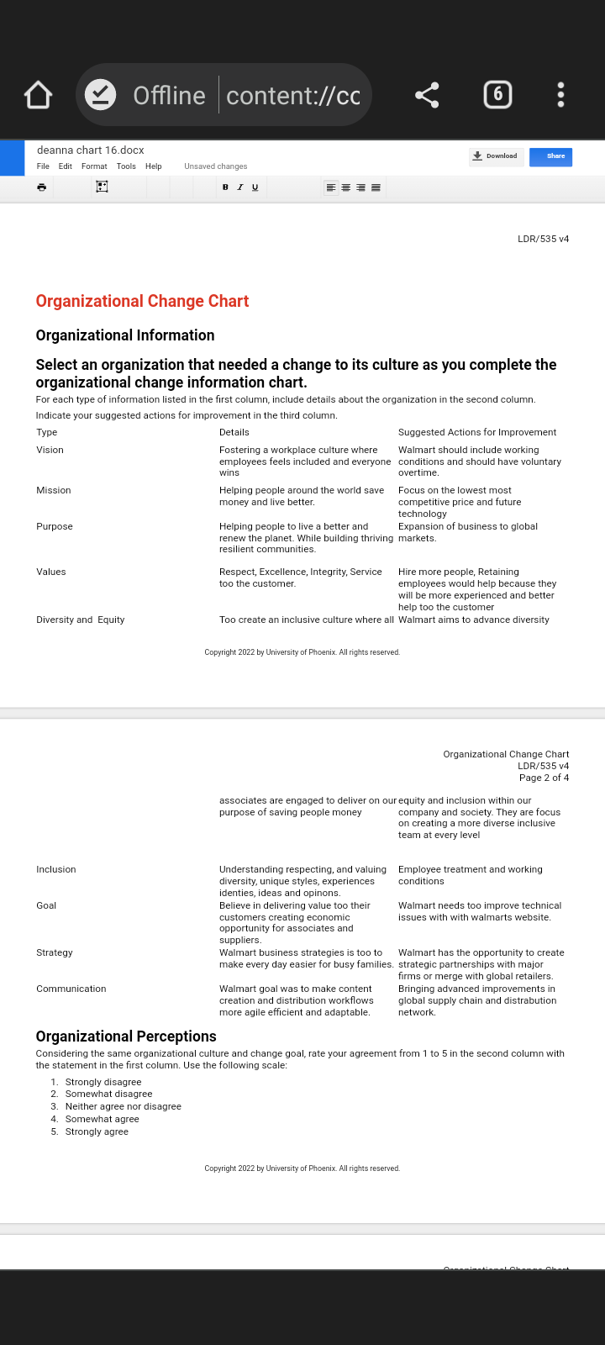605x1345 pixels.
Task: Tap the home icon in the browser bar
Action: (x=39, y=95)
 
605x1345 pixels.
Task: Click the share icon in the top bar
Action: (x=427, y=95)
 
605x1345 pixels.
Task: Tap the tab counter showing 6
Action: (x=497, y=94)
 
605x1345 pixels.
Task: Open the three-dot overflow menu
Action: (x=560, y=95)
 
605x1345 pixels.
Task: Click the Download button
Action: (x=496, y=156)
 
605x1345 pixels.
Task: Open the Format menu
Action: (x=94, y=166)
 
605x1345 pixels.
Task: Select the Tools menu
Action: (x=126, y=166)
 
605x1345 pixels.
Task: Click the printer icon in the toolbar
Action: (x=41, y=187)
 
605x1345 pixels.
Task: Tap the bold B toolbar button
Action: (x=225, y=187)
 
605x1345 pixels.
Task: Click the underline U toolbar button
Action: (x=255, y=187)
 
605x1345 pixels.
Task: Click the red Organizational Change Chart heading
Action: (x=142, y=301)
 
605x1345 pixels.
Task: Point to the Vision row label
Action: (x=50, y=450)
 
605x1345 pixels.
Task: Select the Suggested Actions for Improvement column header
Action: (x=477, y=432)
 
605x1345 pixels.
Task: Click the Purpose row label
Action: (x=55, y=526)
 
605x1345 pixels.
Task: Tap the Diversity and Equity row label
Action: (x=80, y=620)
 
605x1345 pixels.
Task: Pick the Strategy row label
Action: (x=55, y=952)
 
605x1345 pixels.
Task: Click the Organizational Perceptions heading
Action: (x=126, y=1036)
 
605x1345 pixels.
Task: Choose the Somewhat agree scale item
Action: (x=102, y=1119)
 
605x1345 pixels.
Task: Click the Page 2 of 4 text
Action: (x=544, y=778)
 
